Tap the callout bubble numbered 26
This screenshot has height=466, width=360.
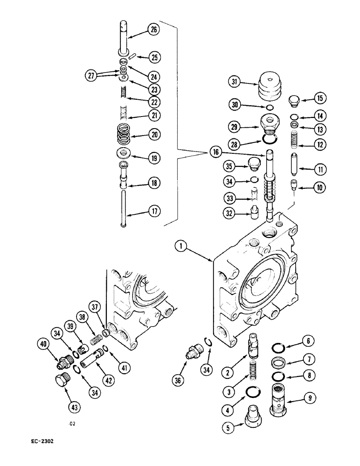click(x=153, y=30)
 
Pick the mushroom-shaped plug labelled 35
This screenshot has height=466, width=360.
click(x=253, y=164)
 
